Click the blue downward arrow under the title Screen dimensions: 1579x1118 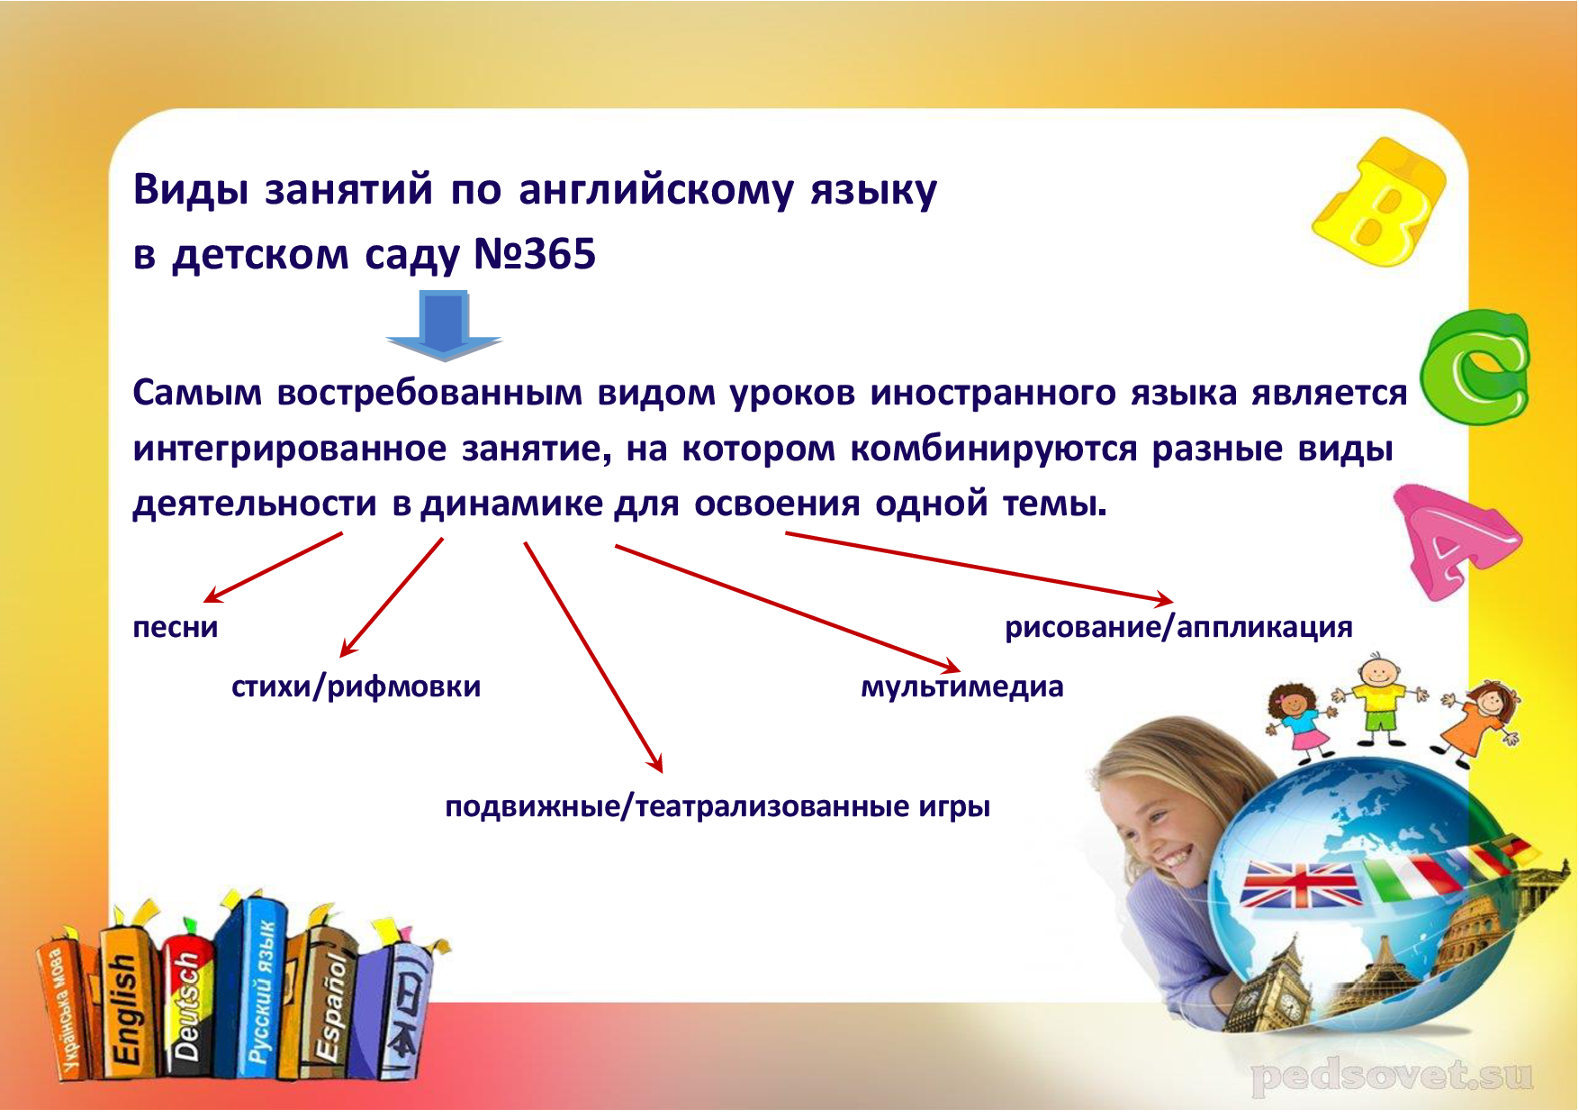444,324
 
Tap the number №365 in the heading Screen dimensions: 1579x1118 535,254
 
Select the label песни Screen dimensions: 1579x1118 176,627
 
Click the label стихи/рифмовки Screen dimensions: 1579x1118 356,687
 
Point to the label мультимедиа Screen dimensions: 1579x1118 962,687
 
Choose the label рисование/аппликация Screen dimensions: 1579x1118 1178,627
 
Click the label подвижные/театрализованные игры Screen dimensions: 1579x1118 717,806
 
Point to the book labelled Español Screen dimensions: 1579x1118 328,1004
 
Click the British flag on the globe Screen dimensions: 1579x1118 1301,884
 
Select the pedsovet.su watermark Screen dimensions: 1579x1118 1392,1076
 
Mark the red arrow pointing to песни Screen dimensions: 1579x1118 273,568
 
